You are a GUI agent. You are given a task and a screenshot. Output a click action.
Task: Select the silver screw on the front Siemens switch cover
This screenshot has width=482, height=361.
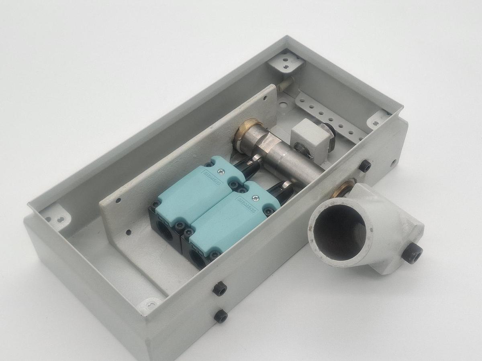point(255,198)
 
